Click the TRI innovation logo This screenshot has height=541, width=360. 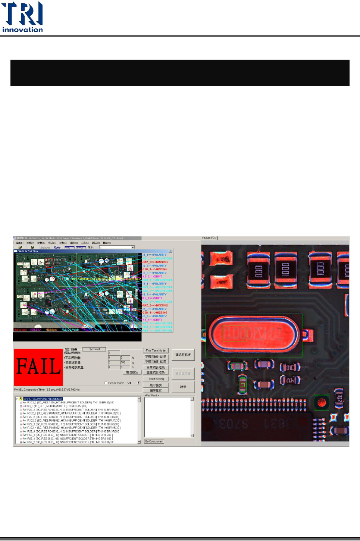tap(22, 17)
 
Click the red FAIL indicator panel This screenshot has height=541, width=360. tap(38, 367)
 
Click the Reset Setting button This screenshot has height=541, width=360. tap(156, 379)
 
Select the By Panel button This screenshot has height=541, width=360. tap(94, 349)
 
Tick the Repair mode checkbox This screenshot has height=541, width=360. tap(106, 383)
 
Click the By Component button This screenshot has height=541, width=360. tap(154, 441)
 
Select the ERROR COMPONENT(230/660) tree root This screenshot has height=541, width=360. tap(43, 399)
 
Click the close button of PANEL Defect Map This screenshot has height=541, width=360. tap(170, 251)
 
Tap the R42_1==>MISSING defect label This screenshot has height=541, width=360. tap(155, 262)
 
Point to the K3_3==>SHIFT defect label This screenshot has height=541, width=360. tap(152, 277)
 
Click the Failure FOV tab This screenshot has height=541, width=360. tap(209, 238)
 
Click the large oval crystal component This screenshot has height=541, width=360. tap(254, 334)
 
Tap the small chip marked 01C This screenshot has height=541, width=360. tap(290, 368)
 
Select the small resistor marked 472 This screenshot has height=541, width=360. tap(290, 380)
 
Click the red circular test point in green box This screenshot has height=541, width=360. tap(321, 402)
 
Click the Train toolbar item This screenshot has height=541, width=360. tap(57, 247)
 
